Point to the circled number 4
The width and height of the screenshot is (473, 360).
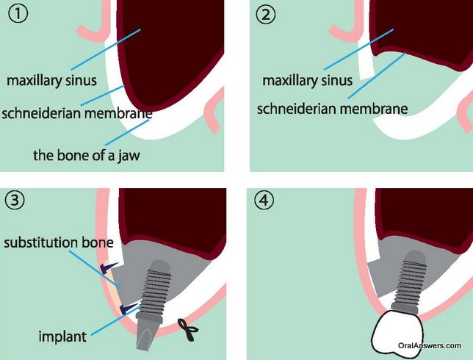pos(266,200)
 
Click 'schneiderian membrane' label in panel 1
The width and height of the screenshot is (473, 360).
pos(77,113)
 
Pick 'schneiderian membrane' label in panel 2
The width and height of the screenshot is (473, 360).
pos(333,109)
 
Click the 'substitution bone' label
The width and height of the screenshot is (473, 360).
pos(57,242)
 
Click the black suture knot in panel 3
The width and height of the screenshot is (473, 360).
pos(187,331)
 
